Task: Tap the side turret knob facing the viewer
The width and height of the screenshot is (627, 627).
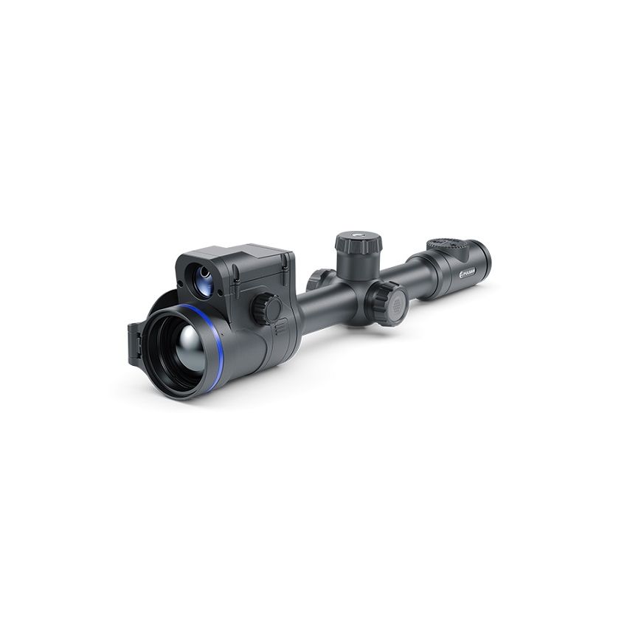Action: point(388,302)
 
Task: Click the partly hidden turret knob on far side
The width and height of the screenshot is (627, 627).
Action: point(319,279)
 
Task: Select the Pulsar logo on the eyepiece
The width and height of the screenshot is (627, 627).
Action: point(468,272)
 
